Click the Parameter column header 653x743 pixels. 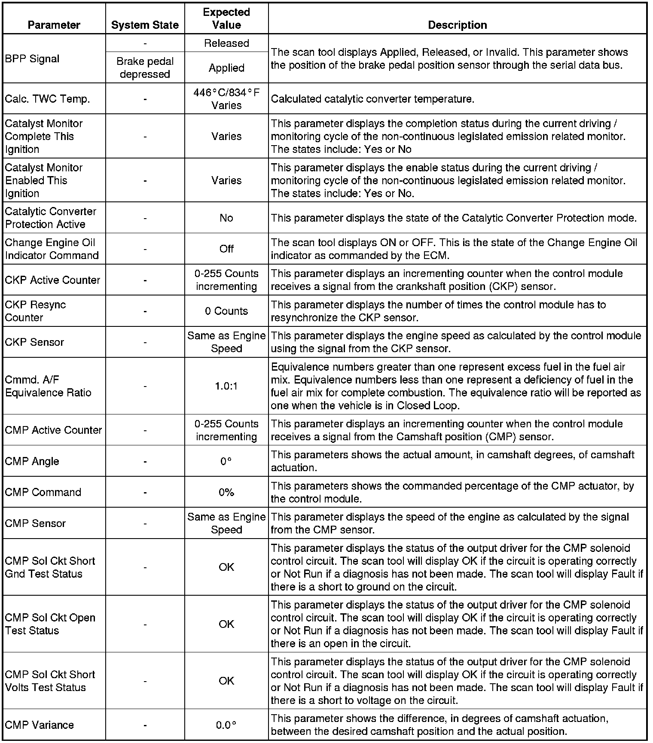(54, 25)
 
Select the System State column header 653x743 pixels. (145, 25)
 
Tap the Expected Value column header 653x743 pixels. (226, 18)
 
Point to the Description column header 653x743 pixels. (458, 25)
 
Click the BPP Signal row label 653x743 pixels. (32, 59)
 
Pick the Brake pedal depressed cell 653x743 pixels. (145, 68)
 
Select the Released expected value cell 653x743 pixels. (226, 43)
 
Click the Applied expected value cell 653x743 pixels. (226, 68)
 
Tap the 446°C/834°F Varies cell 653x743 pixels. (226, 99)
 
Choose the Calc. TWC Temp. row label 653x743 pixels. (47, 99)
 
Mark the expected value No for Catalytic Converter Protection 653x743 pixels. (226, 218)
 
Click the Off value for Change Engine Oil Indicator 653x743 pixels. (226, 249)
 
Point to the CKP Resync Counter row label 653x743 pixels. (35, 311)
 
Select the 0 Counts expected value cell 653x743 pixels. (226, 311)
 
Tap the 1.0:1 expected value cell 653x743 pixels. (226, 386)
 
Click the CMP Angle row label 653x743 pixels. (32, 461)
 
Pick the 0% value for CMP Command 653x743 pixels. (226, 492)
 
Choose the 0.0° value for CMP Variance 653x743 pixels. (226, 725)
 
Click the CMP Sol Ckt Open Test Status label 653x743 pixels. (50, 624)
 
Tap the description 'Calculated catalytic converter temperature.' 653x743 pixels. (372, 99)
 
